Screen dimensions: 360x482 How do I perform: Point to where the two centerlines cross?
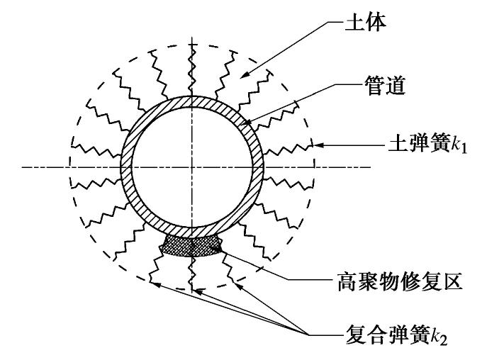coord(191,167)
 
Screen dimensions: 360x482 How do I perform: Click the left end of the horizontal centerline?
coord(22,167)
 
